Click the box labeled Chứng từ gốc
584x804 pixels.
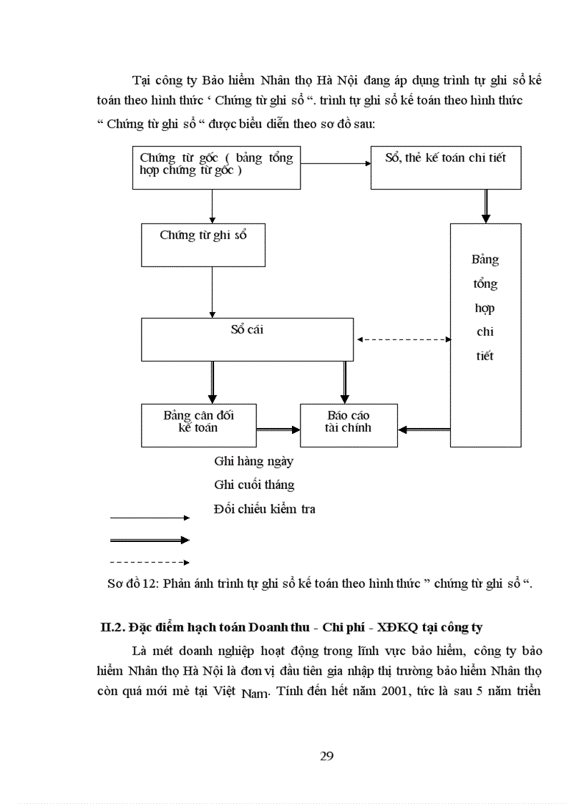[x=216, y=168]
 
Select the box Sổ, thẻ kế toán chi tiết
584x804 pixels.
[x=445, y=168]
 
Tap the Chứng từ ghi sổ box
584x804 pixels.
[x=204, y=244]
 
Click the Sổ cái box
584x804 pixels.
[x=247, y=339]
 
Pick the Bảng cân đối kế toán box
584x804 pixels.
[x=199, y=425]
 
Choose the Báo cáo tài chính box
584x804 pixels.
[x=349, y=425]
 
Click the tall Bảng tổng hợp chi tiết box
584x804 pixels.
[x=485, y=334]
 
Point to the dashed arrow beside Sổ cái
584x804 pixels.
[x=403, y=340]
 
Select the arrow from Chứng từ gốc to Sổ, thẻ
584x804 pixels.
[x=335, y=163]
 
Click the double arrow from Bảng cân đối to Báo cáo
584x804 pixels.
[x=278, y=430]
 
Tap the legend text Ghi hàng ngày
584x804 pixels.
[x=253, y=462]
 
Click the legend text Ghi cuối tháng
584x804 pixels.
[x=254, y=485]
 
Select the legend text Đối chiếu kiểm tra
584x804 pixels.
[x=264, y=509]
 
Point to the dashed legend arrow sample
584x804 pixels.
[x=149, y=563]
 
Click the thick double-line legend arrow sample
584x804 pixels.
[x=149, y=540]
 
